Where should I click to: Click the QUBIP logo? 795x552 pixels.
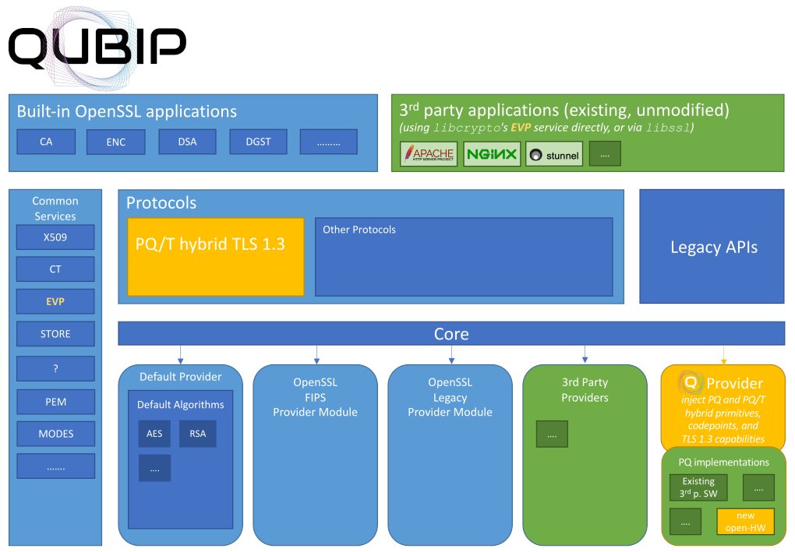(x=97, y=47)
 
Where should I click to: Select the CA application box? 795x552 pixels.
(x=46, y=142)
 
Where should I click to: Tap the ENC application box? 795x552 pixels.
(x=116, y=142)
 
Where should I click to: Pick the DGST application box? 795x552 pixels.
(x=258, y=142)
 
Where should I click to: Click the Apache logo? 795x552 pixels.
(x=428, y=154)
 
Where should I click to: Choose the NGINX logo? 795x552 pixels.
(x=492, y=154)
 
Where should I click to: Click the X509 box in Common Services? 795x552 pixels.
(x=55, y=237)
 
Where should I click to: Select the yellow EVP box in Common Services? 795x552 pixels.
(x=55, y=301)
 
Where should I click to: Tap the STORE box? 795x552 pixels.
(x=55, y=334)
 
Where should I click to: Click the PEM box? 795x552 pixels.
(x=55, y=402)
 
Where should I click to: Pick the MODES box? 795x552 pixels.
(x=55, y=433)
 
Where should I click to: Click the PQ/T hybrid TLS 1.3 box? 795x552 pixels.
(x=215, y=257)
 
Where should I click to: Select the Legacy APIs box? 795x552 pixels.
(x=713, y=248)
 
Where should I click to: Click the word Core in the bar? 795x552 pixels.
(x=451, y=334)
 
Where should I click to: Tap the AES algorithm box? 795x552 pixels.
(x=154, y=434)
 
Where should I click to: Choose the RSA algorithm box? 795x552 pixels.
(x=198, y=434)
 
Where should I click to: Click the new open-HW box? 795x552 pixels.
(x=745, y=521)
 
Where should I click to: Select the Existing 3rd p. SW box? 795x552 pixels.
(x=698, y=487)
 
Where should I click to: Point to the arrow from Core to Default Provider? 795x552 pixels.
(x=181, y=354)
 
